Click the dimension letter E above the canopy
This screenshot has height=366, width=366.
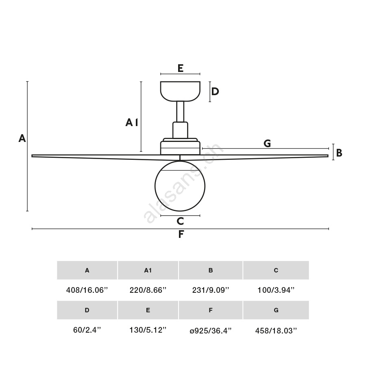[x=181, y=68]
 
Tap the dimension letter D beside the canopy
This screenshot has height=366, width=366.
[x=215, y=91]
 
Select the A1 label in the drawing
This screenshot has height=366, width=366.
[x=132, y=122]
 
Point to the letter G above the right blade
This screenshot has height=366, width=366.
[x=267, y=143]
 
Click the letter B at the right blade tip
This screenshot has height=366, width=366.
[x=339, y=153]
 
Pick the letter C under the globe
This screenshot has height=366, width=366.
[x=180, y=221]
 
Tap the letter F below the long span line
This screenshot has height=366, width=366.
[x=181, y=234]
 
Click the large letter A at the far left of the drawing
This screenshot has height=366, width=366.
[x=22, y=138]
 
